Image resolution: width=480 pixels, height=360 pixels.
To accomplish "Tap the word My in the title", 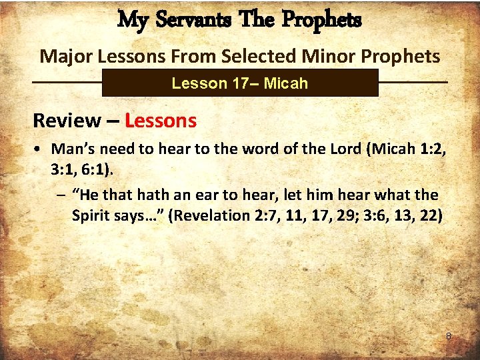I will click(x=132, y=21).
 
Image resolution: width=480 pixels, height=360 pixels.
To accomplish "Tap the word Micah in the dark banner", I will click(x=285, y=83).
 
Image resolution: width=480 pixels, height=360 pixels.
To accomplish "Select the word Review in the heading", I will click(x=66, y=121).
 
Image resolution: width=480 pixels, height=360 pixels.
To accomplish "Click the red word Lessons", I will click(x=161, y=121).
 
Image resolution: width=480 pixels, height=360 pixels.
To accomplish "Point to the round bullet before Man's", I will click(x=41, y=149).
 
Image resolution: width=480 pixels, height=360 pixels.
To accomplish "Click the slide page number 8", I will click(x=449, y=337).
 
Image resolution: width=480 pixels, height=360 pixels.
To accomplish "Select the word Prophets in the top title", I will click(x=322, y=21).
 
